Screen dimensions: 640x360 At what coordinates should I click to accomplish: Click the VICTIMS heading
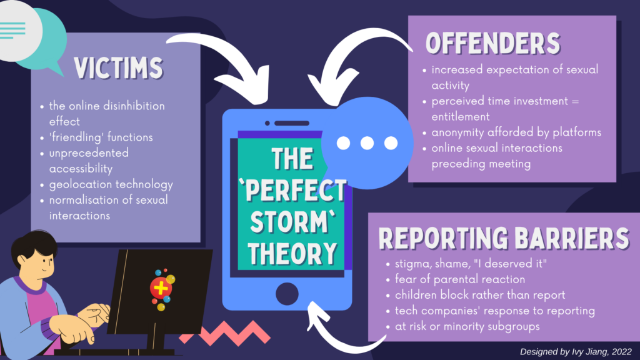tap(118, 67)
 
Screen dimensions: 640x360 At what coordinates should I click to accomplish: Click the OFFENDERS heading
tap(493, 43)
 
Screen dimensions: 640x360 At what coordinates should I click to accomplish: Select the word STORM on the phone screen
tap(292, 222)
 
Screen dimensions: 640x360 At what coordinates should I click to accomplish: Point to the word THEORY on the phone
tap(292, 254)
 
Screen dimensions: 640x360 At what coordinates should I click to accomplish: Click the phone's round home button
tap(287, 294)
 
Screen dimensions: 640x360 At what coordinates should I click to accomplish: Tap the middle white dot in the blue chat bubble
tap(367, 143)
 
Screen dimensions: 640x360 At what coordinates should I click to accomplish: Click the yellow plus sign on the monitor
tap(161, 288)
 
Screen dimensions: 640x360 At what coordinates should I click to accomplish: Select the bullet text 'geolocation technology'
tap(111, 184)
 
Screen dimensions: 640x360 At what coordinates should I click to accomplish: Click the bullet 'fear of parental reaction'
tap(460, 279)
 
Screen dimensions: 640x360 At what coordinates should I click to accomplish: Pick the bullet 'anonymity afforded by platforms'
tap(516, 132)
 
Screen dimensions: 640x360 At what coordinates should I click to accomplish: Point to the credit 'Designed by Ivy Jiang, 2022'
tap(576, 351)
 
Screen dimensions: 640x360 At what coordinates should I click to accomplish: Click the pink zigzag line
tap(224, 332)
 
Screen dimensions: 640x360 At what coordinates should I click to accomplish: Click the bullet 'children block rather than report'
tap(480, 295)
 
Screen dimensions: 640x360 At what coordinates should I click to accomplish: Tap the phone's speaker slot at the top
tap(292, 123)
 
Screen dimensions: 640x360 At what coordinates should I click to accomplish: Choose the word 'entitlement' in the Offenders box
tap(461, 117)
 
